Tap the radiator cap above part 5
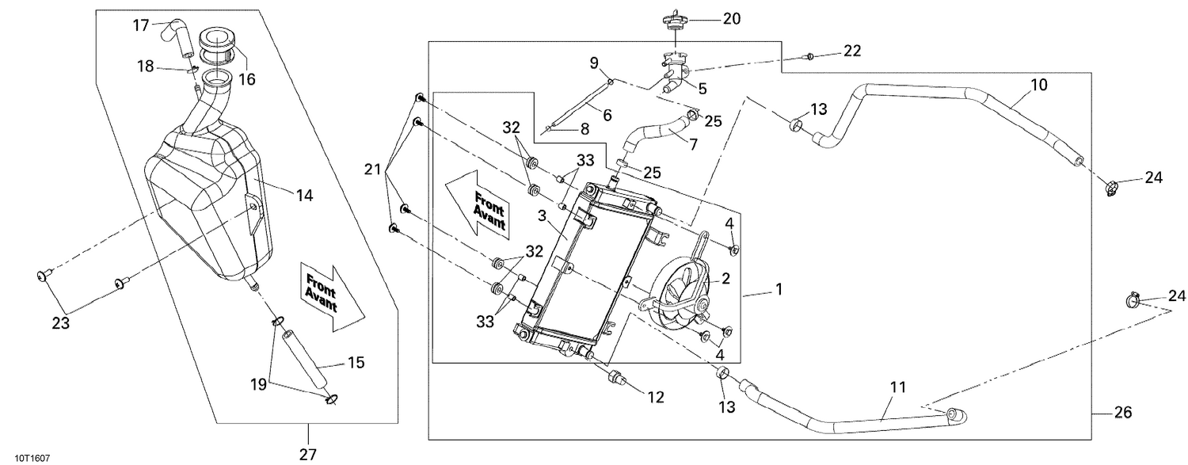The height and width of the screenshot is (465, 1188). pyautogui.click(x=674, y=19)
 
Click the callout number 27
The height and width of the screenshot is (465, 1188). pyautogui.click(x=307, y=454)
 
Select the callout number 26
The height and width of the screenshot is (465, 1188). pyautogui.click(x=1122, y=413)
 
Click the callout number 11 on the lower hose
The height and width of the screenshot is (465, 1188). pyautogui.click(x=897, y=387)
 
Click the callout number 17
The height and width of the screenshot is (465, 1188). pyautogui.click(x=140, y=25)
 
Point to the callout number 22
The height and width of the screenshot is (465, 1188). pyautogui.click(x=851, y=51)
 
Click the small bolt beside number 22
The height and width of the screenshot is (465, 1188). pyautogui.click(x=809, y=56)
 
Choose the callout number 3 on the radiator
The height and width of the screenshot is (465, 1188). pyautogui.click(x=542, y=216)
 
